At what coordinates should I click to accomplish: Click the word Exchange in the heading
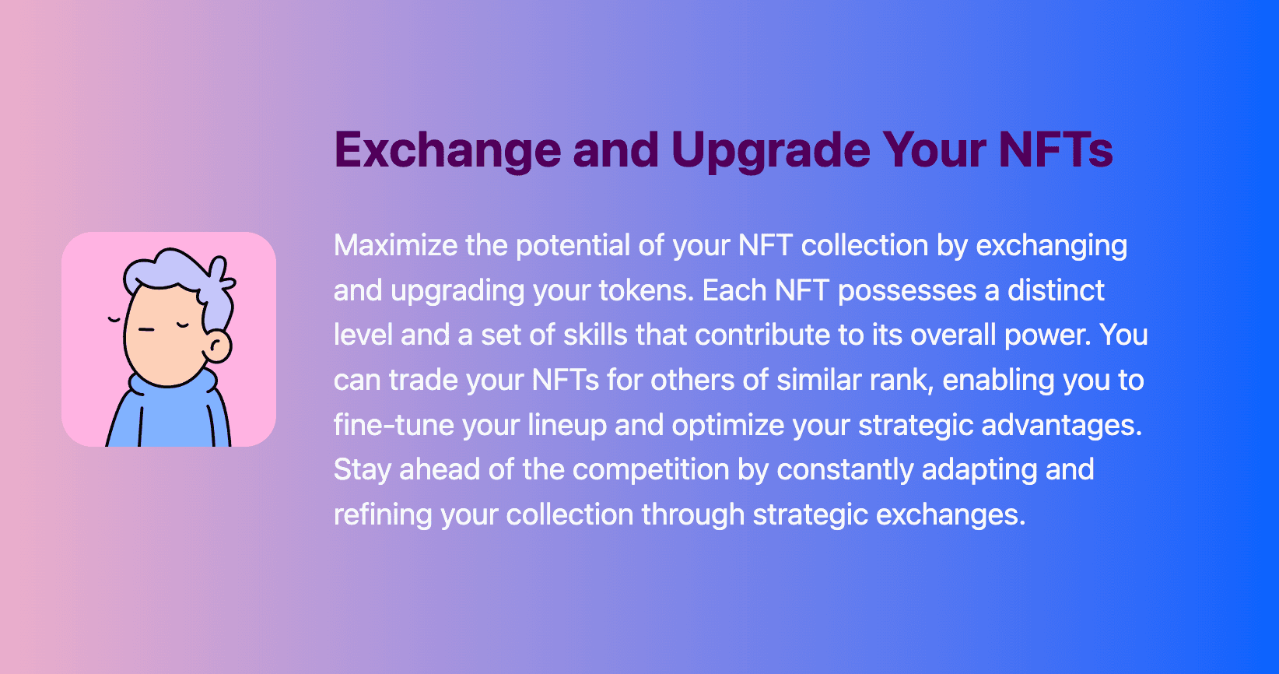tap(447, 150)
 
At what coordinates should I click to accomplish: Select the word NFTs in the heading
tap(1056, 150)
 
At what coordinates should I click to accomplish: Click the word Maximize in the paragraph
tap(396, 245)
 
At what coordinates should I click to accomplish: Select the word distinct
tap(1056, 290)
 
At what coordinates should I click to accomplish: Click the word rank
tap(902, 380)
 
